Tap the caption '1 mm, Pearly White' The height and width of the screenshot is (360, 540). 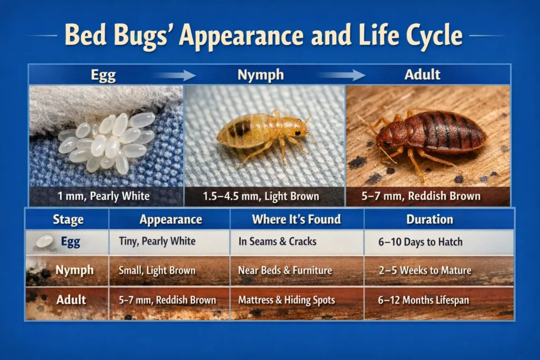tap(104, 197)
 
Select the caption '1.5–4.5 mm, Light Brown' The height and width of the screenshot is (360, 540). tap(261, 197)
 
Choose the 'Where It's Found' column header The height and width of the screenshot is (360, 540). tap(296, 219)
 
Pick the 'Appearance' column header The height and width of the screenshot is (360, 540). tap(170, 219)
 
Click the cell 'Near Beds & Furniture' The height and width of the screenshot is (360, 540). tap(285, 271)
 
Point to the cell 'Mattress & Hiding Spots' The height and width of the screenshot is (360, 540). tap(286, 300)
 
